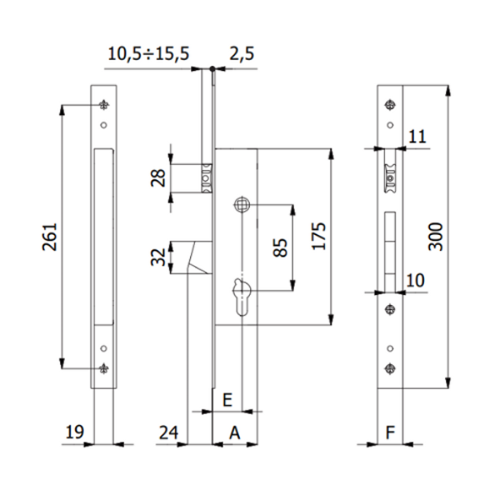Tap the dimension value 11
pyautogui.click(x=418, y=135)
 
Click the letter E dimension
pyautogui.click(x=227, y=399)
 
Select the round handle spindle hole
pyautogui.click(x=242, y=203)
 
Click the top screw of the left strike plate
pyautogui.click(x=103, y=105)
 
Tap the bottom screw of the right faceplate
pyautogui.click(x=389, y=367)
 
